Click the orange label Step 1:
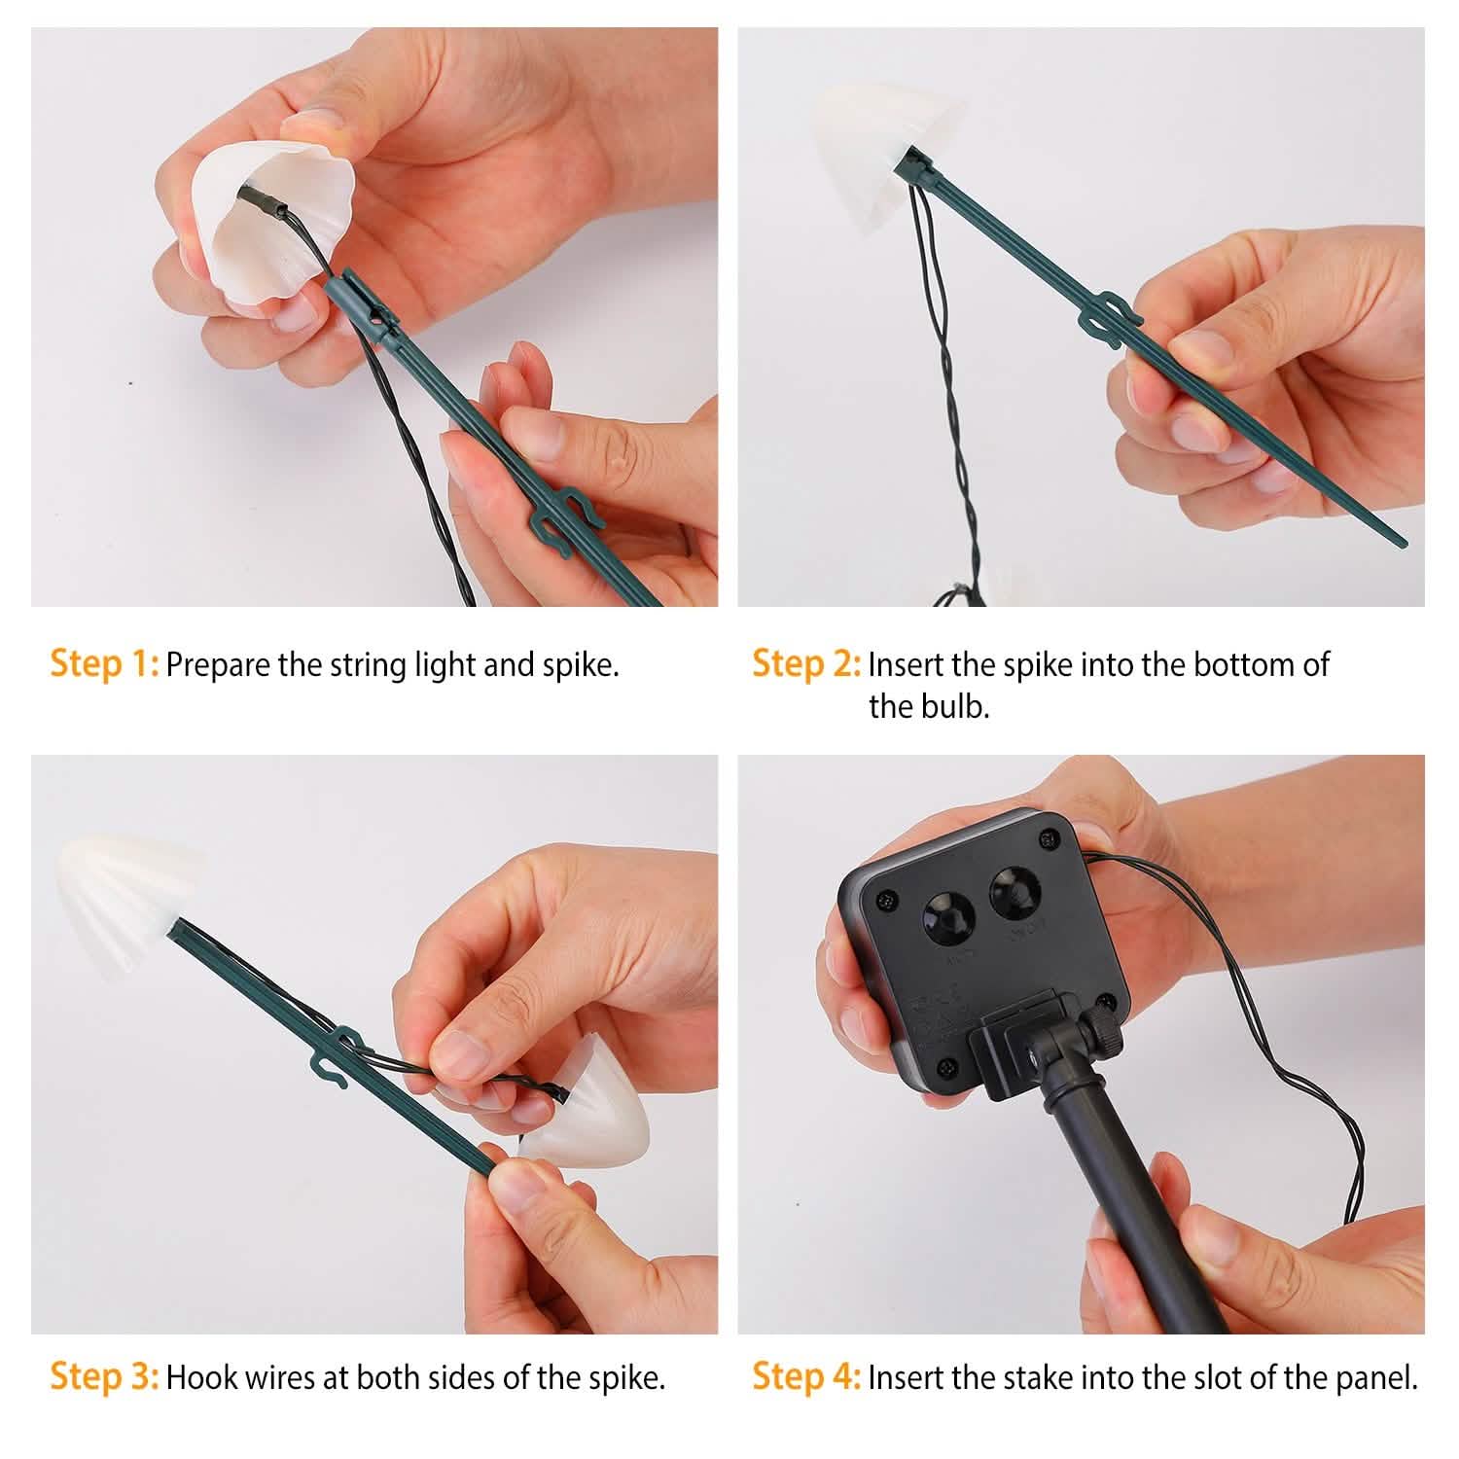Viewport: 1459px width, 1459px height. tap(104, 663)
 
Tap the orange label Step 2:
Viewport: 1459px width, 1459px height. tap(806, 663)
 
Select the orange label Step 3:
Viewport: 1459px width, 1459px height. tap(104, 1376)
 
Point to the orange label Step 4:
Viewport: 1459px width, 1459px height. tap(806, 1376)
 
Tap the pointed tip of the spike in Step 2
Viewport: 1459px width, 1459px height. tap(1404, 544)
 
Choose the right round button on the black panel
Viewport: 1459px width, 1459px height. tap(1014, 891)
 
